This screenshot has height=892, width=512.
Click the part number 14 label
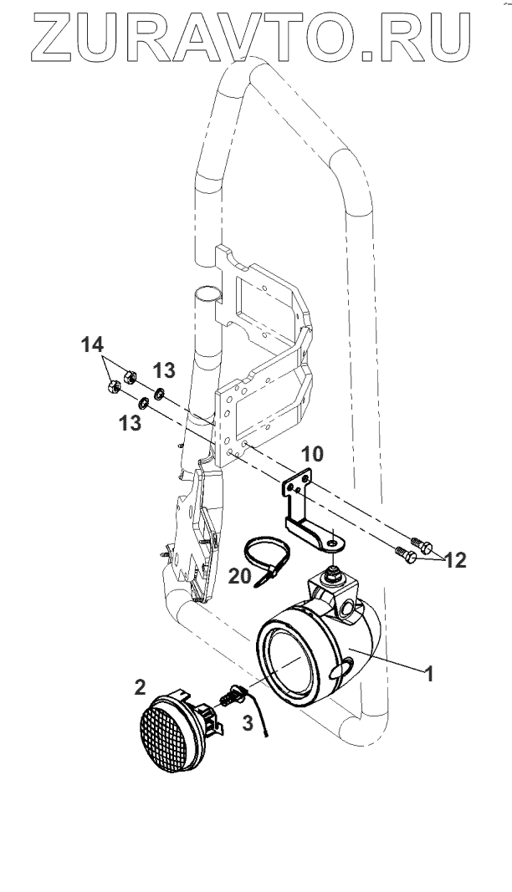coord(94,344)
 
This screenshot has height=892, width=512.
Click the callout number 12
coord(456,559)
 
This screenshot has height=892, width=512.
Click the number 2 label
coord(141,686)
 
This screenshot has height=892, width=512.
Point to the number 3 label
coord(247,723)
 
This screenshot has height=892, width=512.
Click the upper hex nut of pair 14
coord(129,375)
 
